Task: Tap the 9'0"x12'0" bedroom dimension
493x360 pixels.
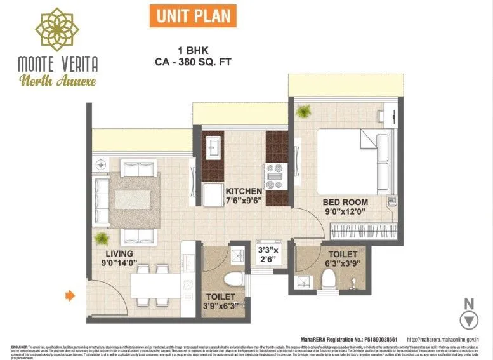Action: [x=345, y=213]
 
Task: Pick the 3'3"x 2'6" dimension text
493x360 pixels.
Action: [x=266, y=255]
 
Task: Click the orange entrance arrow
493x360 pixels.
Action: [x=70, y=295]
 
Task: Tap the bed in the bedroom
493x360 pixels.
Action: [x=352, y=161]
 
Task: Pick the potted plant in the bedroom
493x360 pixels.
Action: [x=303, y=111]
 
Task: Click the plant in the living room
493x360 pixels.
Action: [x=101, y=239]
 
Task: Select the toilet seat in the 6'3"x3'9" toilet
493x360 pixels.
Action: [x=329, y=277]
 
